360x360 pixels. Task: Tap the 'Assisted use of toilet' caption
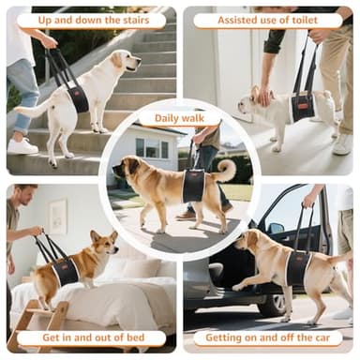pos(267,20)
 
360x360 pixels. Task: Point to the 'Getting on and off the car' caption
pos(267,337)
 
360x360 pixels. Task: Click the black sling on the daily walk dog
pos(193,185)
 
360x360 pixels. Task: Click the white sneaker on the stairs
pos(22,146)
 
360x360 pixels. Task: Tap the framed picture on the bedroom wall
pos(58,216)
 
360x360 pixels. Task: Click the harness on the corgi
pos(64,271)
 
